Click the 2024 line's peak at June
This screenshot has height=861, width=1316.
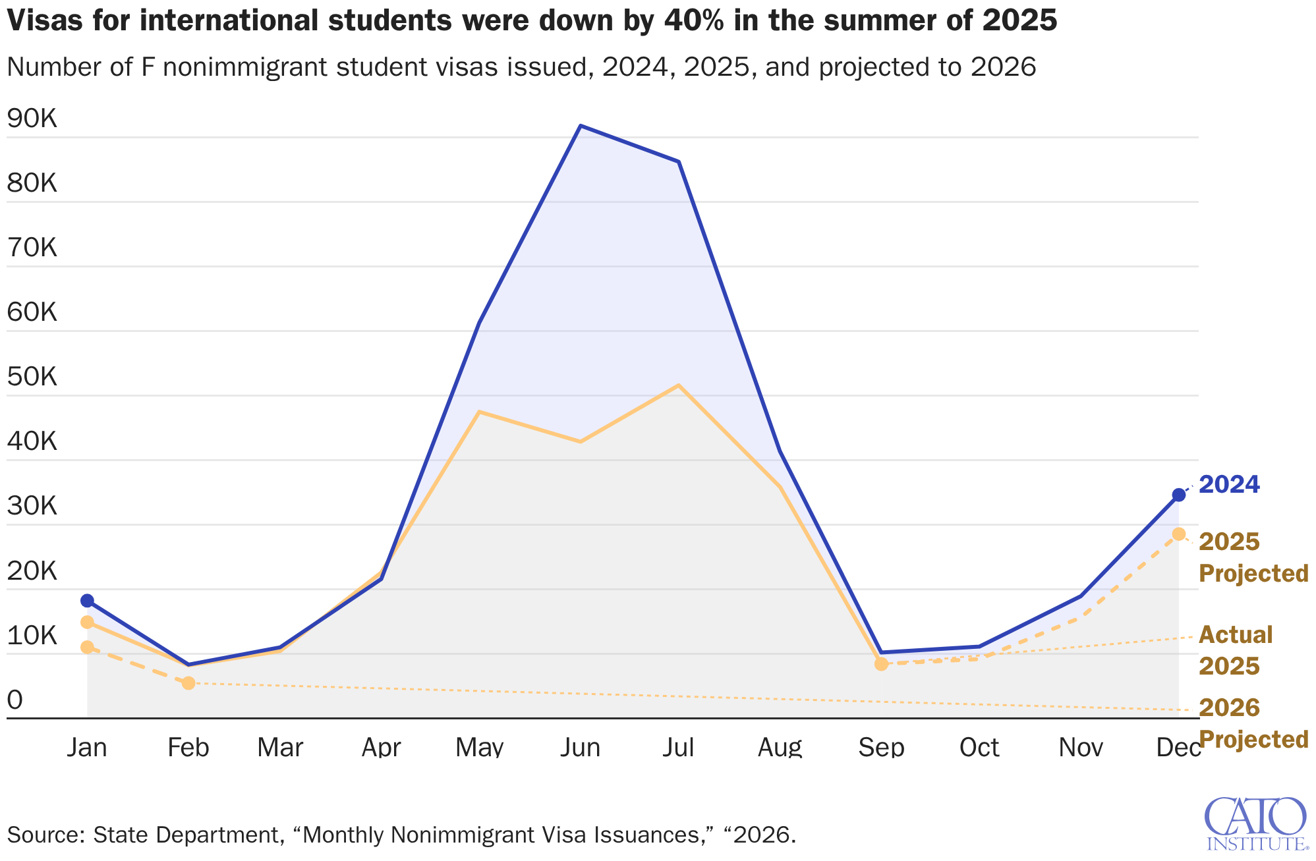coord(580,126)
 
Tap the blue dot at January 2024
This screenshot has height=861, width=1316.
coord(87,600)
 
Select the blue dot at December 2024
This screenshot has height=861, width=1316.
coord(1179,495)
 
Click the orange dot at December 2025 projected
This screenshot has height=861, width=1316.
coord(1179,534)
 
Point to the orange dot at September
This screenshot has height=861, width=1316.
coord(881,663)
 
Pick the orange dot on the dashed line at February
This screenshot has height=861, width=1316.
coord(188,682)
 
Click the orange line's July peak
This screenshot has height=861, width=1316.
coord(678,385)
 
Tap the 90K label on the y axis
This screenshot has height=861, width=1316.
coord(32,119)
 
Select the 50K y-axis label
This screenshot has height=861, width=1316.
coord(32,377)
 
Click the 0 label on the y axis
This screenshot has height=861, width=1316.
coord(14,700)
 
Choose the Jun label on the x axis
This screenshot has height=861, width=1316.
coord(580,748)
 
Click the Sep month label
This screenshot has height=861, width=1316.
coord(881,748)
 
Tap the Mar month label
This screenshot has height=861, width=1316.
coord(280,748)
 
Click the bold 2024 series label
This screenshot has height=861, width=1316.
coord(1229,485)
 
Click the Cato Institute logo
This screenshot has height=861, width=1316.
coord(1255,823)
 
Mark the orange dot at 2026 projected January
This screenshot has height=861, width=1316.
coord(87,647)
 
